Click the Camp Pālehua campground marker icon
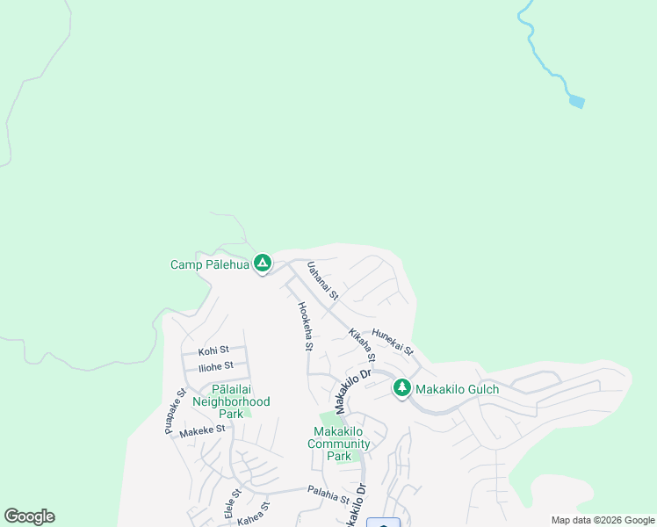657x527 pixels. [x=262, y=263]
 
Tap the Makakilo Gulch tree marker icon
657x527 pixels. [x=402, y=387]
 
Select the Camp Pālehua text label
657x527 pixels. [x=209, y=264]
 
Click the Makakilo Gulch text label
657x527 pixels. [x=457, y=389]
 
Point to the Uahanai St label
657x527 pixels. [x=322, y=280]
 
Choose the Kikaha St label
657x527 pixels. [x=362, y=345]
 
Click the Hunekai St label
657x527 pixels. [x=392, y=342]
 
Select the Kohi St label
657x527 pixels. [x=213, y=350]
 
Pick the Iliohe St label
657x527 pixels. [x=215, y=366]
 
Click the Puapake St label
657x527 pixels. [x=174, y=412]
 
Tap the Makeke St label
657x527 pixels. [x=202, y=430]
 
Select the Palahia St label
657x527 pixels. [x=328, y=496]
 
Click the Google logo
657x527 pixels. [x=29, y=516]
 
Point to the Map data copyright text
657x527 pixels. [x=602, y=520]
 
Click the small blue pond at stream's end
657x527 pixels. [x=576, y=103]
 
